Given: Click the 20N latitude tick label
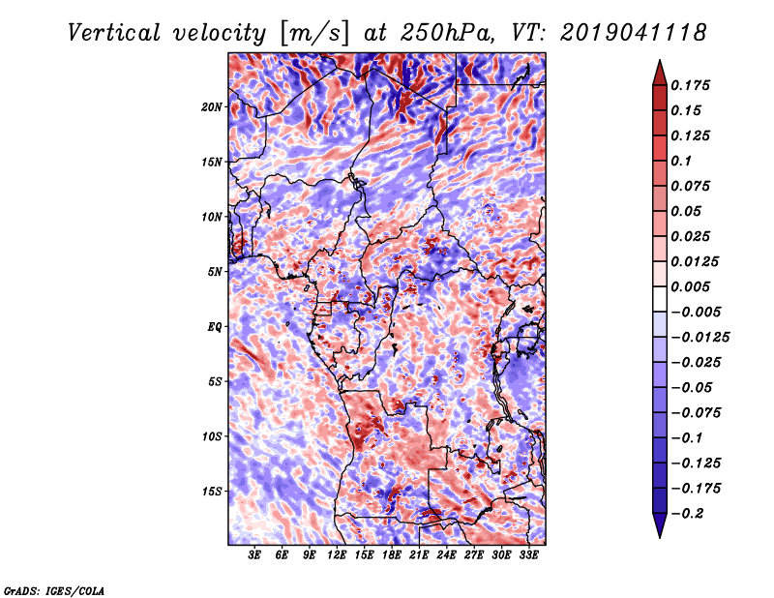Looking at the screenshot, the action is click(211, 107).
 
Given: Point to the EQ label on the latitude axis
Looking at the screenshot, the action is click(214, 327).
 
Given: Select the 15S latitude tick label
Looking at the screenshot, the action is click(212, 492).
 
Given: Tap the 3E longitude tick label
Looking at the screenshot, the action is click(254, 555).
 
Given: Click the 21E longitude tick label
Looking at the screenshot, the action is click(419, 555).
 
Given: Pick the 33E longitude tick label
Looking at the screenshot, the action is click(528, 555).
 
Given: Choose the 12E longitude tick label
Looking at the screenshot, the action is click(337, 555).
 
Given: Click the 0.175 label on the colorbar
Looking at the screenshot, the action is click(690, 85).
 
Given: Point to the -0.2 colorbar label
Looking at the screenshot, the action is click(687, 514).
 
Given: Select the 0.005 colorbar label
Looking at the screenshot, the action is click(690, 286).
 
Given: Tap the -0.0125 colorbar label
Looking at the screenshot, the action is click(700, 338).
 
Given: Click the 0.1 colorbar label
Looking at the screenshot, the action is click(681, 161).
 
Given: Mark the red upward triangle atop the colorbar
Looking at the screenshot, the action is click(660, 74).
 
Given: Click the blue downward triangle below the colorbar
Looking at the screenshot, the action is click(660, 524).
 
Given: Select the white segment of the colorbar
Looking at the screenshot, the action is click(660, 299).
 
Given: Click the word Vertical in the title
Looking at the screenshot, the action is click(114, 33).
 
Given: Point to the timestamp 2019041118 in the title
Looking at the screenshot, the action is click(634, 33).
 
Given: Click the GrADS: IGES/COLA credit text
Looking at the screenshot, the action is click(53, 590).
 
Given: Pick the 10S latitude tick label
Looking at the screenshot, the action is click(212, 437).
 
